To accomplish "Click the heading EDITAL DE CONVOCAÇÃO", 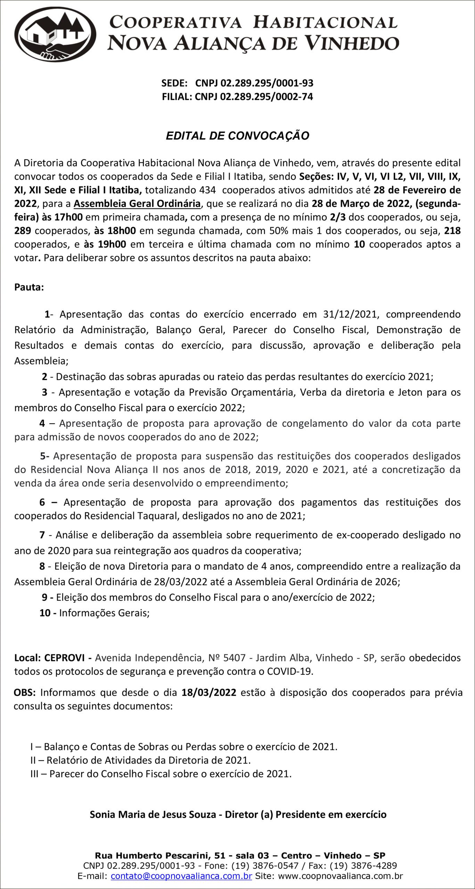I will [x=237, y=136].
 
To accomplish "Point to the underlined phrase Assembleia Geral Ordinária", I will [x=137, y=203].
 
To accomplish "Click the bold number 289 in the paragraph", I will [x=22, y=231].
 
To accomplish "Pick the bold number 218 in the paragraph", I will [x=452, y=231].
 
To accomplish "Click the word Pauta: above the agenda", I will [x=29, y=288].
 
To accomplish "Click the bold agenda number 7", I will [x=42, y=535].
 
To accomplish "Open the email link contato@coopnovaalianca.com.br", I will [x=181, y=876].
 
